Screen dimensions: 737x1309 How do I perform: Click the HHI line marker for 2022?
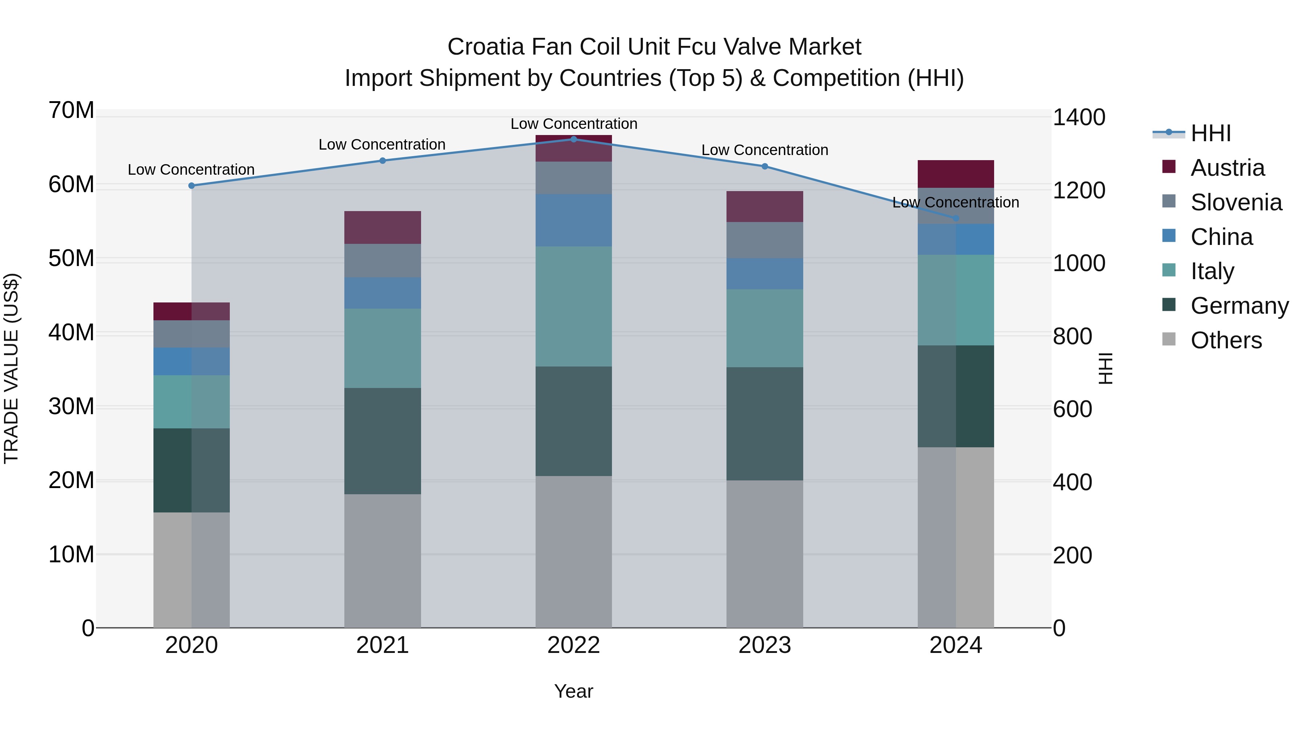point(574,139)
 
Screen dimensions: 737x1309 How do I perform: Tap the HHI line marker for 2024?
point(956,218)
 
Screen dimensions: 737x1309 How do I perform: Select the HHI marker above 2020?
point(192,186)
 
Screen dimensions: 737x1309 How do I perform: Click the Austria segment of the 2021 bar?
point(383,227)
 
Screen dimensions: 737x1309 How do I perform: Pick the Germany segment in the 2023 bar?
point(765,424)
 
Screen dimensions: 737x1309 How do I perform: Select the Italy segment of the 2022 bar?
point(574,306)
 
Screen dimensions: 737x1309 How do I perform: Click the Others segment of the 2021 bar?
point(383,560)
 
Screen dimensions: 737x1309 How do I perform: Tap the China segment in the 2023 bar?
point(765,274)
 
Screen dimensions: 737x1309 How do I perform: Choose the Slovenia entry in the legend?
point(1236,202)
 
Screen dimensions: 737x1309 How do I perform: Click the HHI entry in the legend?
point(1210,133)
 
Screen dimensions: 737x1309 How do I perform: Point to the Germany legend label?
point(1240,306)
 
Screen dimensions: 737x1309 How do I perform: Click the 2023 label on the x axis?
point(765,645)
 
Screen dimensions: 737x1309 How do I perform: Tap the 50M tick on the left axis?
point(71,258)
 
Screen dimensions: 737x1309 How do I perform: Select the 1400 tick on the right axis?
point(1078,118)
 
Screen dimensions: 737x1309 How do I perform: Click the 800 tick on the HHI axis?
point(1072,336)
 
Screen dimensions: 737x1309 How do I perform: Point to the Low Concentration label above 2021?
point(382,144)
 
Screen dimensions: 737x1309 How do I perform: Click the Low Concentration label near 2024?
point(955,202)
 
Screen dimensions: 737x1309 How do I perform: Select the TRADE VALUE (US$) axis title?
point(11,368)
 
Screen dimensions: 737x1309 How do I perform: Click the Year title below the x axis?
point(574,691)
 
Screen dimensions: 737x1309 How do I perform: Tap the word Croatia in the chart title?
point(485,47)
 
